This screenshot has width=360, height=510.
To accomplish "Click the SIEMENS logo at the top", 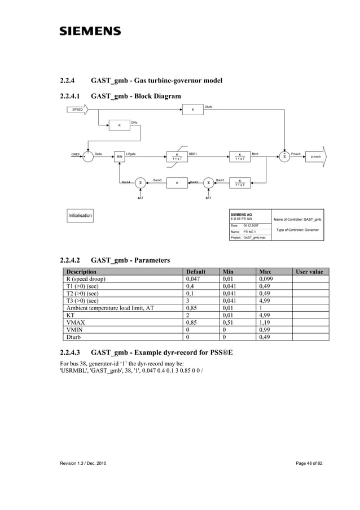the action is click(x=90, y=31).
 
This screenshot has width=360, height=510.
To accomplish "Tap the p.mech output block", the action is click(x=313, y=156).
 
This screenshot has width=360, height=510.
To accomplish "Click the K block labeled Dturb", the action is click(x=193, y=110).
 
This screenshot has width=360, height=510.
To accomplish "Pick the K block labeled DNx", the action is click(x=119, y=125).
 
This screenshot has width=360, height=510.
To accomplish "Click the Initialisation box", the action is click(x=80, y=216).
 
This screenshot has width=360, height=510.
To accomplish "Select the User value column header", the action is click(x=310, y=272).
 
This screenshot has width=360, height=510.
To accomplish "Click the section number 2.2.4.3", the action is click(x=71, y=353).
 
